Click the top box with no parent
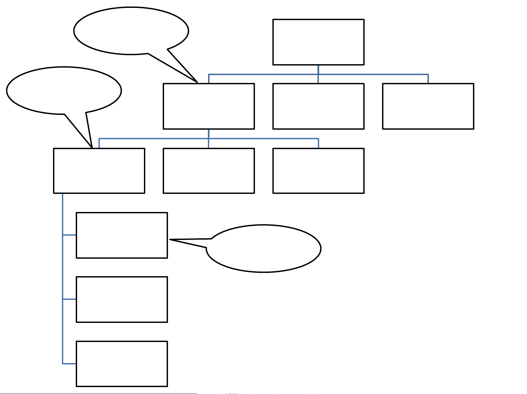point(318,42)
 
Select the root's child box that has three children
point(208,106)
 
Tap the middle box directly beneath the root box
point(318,106)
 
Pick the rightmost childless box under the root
point(428,106)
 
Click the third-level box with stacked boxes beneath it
point(99,171)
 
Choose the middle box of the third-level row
point(208,171)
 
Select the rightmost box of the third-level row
point(318,171)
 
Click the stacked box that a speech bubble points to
point(122,235)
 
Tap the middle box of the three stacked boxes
point(122,299)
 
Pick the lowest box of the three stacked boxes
point(122,364)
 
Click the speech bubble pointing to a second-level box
point(131,30)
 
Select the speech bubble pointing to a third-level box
point(64,91)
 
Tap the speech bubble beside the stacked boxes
point(263,249)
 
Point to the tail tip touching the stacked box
point(170,240)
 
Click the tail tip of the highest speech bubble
point(197,82)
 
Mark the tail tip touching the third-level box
point(92,147)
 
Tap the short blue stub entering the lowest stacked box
point(69,364)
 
